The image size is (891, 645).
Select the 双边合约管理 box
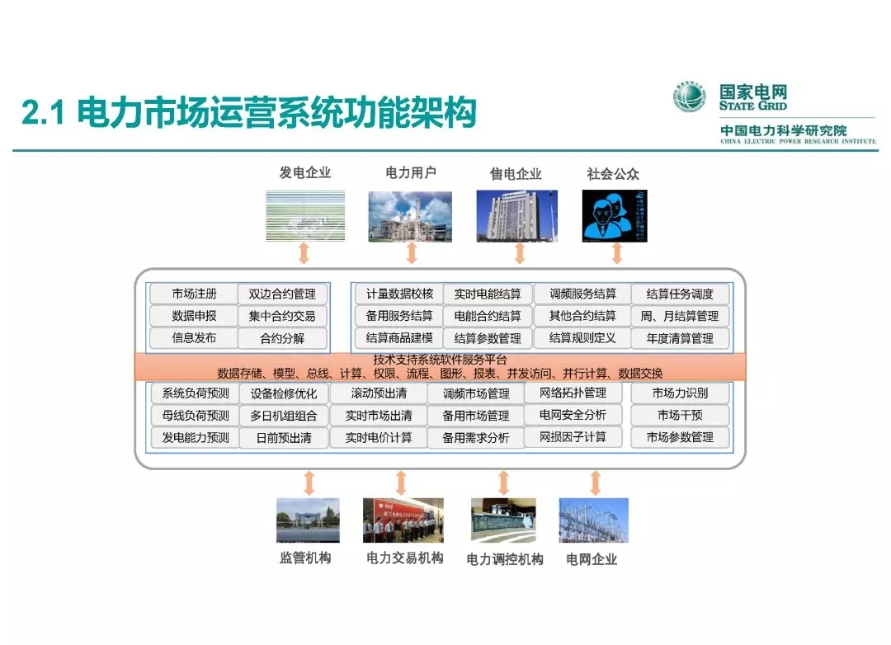point(282,294)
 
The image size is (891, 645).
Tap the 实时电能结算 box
point(488,294)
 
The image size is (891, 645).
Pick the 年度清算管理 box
point(680,338)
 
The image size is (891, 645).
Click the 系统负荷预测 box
point(196,393)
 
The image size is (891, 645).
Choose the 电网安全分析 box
point(573,415)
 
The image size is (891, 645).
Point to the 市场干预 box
point(680,415)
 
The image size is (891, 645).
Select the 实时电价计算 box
point(379,437)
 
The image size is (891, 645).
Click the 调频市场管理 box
point(476,393)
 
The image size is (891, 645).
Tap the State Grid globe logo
point(691,97)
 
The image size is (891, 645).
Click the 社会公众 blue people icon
point(615,216)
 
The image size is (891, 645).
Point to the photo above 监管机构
point(308,520)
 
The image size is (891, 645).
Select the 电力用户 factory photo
point(410,216)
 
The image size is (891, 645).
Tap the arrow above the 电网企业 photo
point(595,483)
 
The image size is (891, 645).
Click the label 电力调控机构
point(505,559)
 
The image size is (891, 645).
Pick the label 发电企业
point(305,172)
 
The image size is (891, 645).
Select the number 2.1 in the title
point(43,114)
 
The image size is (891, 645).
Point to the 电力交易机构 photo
point(403,520)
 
